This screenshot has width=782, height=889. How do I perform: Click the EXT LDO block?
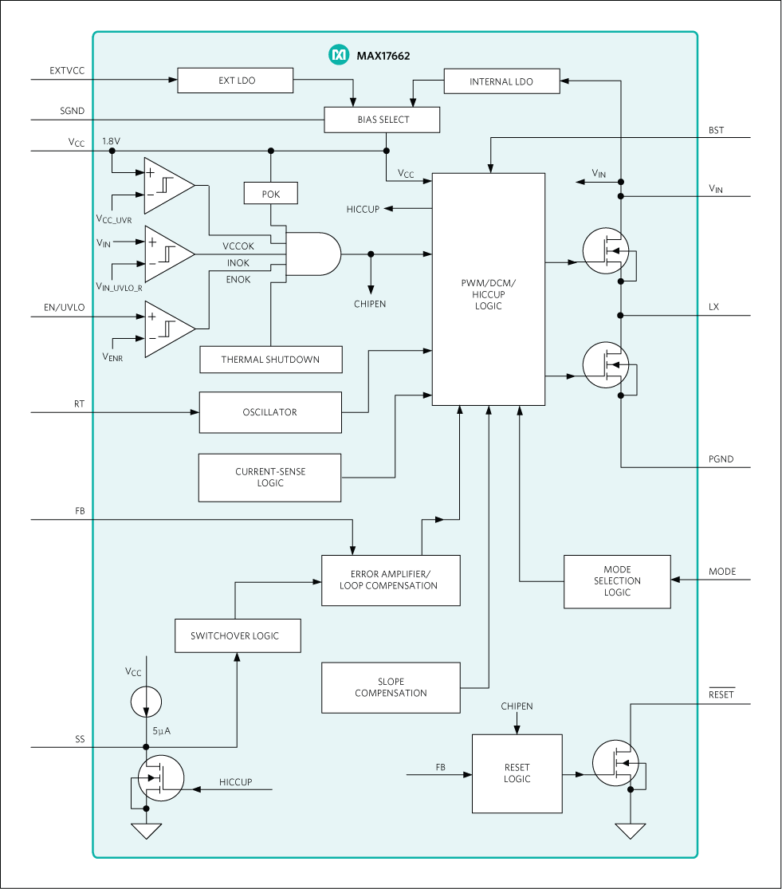(x=236, y=81)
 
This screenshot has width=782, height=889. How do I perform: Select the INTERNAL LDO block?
(x=501, y=81)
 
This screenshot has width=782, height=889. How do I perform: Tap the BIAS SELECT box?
(x=383, y=120)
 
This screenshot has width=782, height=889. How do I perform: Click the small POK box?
(x=271, y=194)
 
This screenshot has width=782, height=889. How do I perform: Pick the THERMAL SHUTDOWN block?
(x=270, y=360)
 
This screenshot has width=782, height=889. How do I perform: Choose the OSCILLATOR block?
(x=269, y=412)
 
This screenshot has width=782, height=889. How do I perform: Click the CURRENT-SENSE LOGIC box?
(x=269, y=478)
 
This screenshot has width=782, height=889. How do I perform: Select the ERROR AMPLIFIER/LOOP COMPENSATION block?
(x=391, y=580)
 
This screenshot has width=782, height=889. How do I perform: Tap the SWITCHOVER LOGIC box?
(x=238, y=635)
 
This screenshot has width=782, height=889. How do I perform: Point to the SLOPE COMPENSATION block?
(x=391, y=687)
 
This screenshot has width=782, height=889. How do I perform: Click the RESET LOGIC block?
(x=517, y=773)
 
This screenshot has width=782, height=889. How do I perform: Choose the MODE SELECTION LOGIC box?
(x=617, y=581)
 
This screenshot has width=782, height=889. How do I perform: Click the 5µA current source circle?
(x=146, y=702)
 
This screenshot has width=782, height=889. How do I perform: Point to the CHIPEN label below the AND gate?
(x=370, y=305)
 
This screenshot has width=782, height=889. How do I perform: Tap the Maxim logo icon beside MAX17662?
(x=339, y=55)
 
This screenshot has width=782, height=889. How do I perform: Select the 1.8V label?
(x=111, y=141)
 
